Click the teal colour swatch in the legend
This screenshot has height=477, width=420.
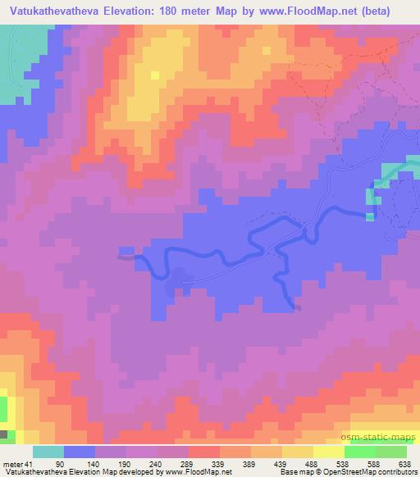(50, 452)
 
